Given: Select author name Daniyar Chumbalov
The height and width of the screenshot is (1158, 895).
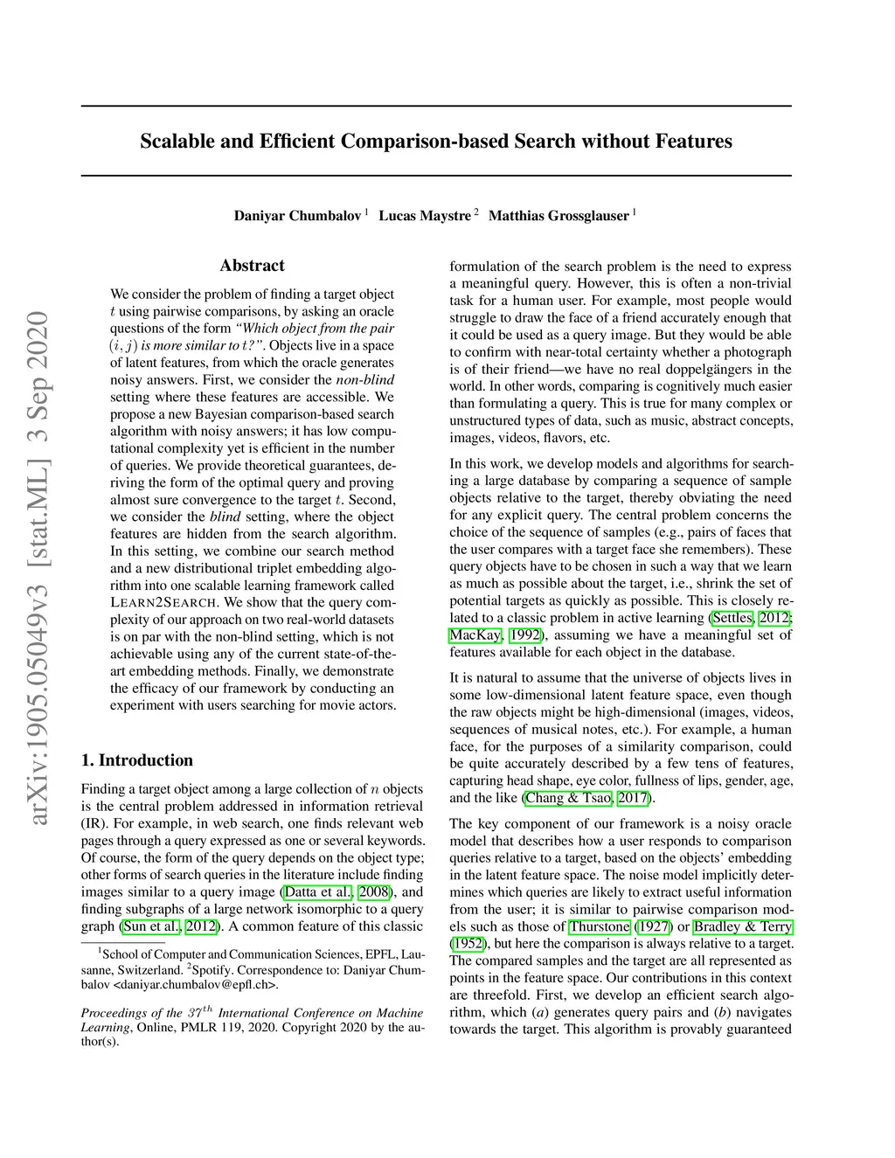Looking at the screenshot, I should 297,216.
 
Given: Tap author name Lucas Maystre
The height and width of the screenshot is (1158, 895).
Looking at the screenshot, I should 424,216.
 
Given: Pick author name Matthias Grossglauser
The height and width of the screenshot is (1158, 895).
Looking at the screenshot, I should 558,216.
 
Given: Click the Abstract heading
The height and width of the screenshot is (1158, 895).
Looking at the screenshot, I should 252,266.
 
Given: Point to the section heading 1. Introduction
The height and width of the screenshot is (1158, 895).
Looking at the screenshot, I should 136,760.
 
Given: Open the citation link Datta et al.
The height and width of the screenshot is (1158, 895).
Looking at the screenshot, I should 318,892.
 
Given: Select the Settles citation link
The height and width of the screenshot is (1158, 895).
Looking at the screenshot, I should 732,618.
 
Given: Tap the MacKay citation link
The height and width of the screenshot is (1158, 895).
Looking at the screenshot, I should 475,635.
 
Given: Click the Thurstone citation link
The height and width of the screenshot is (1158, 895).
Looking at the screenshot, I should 600,926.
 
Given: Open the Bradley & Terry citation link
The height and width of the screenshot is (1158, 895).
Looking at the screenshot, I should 743,926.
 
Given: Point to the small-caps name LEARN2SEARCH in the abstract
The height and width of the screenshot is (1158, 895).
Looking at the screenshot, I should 163,603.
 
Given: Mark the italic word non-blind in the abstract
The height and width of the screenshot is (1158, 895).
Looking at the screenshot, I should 365,380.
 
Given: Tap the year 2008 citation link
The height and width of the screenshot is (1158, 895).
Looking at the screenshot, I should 374,892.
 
